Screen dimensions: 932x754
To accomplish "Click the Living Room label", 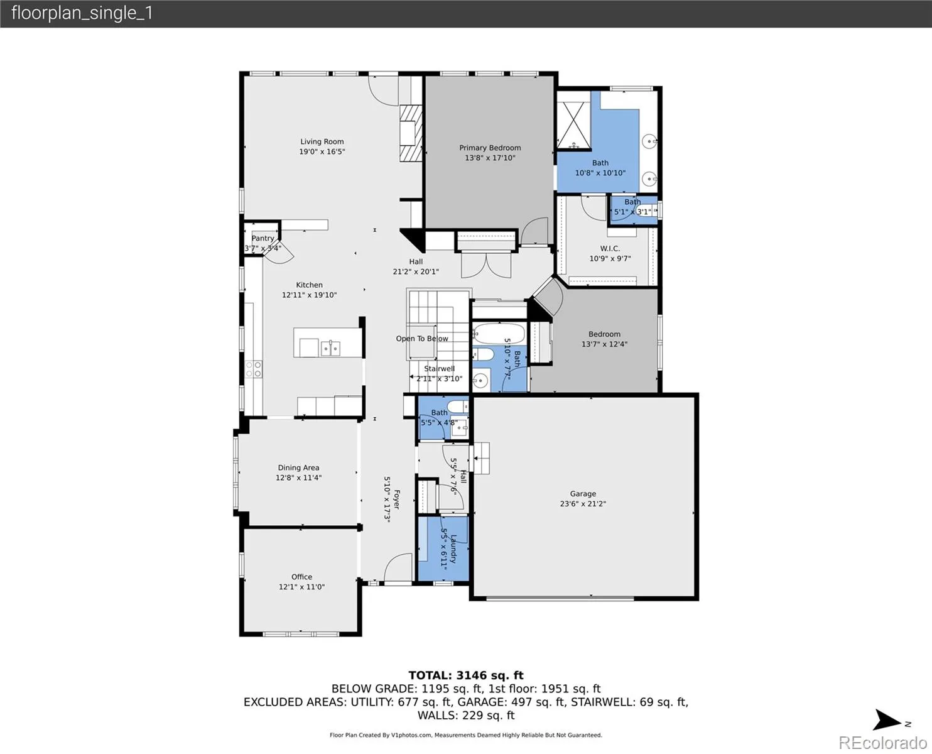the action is coord(322,141).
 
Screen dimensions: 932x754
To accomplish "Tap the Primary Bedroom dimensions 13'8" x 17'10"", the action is coord(490,158).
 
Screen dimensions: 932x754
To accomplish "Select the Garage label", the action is coord(583,493).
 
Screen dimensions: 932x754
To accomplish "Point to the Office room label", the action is coord(301,576).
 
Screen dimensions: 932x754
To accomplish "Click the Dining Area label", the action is coord(298,467).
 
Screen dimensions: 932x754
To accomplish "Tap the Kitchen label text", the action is coord(309,285).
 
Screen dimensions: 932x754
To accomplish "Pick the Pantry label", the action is coord(263,238).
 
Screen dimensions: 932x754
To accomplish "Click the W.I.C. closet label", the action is coord(610,248).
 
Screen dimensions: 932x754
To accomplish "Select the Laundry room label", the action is coord(453,549).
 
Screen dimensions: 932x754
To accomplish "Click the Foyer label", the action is coord(396,499).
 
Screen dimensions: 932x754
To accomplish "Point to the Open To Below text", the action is coord(422,338).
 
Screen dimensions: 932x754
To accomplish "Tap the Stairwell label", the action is coord(439,368).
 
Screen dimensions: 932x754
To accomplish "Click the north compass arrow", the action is coord(887,720).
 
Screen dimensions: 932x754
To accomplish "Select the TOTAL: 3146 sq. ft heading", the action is coord(466,675).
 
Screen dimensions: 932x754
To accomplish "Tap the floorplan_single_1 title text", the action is coord(82,13).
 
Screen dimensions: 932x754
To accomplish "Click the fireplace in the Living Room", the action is coord(411,133).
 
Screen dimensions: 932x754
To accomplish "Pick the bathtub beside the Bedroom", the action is coord(499,334).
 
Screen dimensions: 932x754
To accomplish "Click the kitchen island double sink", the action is coord(330,348).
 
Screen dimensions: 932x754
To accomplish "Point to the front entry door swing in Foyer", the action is coord(398,568).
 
